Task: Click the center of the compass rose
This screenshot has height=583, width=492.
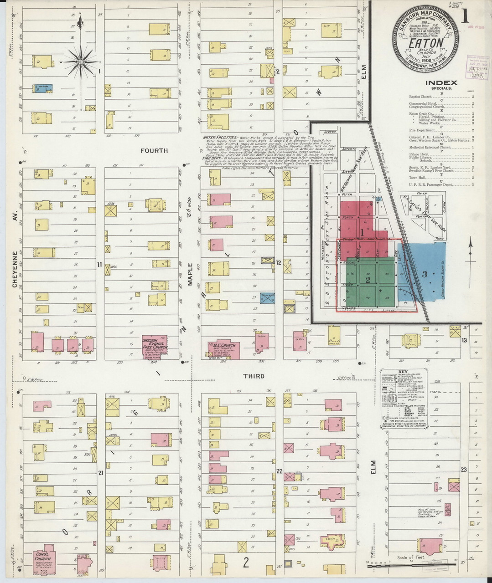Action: click(81, 61)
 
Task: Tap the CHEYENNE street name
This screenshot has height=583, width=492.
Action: click(15, 269)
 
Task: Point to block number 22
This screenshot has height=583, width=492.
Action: click(279, 471)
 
